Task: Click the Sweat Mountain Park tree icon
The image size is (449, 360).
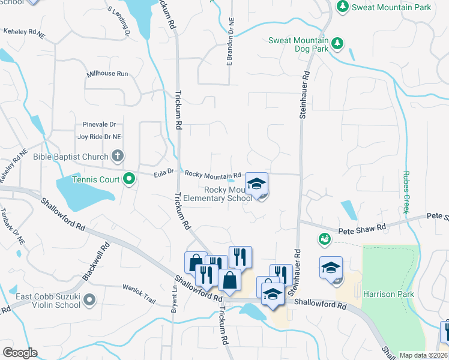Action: point(342,7)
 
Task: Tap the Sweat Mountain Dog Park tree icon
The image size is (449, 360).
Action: point(337,43)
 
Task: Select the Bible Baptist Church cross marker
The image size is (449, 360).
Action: point(117,157)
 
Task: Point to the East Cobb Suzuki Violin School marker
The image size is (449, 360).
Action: point(89,299)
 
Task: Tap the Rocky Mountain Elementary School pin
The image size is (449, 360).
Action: point(256,184)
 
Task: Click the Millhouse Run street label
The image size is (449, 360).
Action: point(108,74)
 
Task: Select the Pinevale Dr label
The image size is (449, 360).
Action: point(95,125)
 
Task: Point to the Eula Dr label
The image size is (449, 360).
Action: point(163,172)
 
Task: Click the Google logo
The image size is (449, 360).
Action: point(20,353)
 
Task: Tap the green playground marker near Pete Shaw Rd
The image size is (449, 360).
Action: point(325,239)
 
